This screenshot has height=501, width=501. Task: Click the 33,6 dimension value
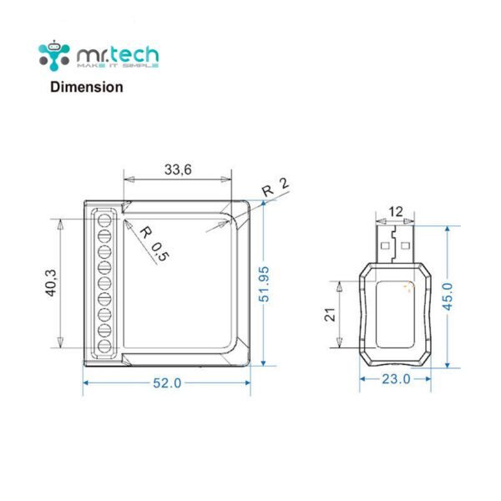178,170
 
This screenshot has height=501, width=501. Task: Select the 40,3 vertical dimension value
52,283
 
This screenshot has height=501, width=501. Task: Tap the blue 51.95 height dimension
264,284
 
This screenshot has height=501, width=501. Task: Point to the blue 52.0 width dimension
167,382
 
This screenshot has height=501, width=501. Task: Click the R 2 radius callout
276,187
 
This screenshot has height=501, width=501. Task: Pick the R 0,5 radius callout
154,244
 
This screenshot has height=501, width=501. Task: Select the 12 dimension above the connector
396,211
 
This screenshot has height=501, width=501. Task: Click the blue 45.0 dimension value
448,296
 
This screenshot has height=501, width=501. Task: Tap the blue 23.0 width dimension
396,379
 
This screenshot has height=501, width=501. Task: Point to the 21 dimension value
330,314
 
